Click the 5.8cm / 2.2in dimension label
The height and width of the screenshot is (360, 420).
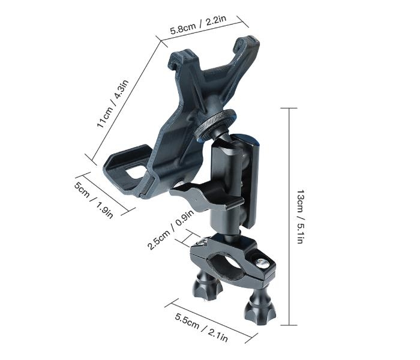(199, 25)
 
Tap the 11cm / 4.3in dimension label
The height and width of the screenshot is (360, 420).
(113, 104)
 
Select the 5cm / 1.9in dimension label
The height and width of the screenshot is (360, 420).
(94, 200)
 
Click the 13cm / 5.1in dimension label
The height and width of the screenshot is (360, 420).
(301, 217)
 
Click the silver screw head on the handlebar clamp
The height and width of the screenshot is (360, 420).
(262, 263)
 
